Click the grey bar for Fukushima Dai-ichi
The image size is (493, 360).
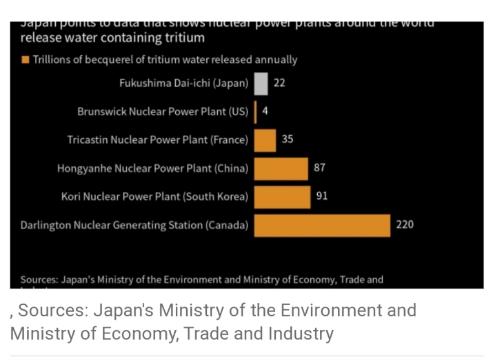(x=261, y=84)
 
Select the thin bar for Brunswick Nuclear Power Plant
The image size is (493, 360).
(x=256, y=112)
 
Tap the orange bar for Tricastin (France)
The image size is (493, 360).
(x=265, y=140)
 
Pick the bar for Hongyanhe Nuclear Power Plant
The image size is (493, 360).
(x=281, y=169)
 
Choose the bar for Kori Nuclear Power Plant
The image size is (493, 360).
(x=282, y=197)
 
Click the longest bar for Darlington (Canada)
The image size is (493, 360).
(x=322, y=225)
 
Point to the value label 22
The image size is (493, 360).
(x=279, y=83)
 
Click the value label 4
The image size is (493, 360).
(x=265, y=111)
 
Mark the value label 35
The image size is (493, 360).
(x=288, y=139)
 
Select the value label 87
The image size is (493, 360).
(x=320, y=168)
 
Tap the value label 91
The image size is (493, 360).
(x=322, y=196)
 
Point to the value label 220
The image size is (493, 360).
(x=405, y=224)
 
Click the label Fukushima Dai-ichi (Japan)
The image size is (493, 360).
(x=184, y=84)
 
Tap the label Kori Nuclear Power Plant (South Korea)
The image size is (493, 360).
(x=155, y=197)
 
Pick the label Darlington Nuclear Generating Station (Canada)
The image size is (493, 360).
(x=134, y=225)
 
